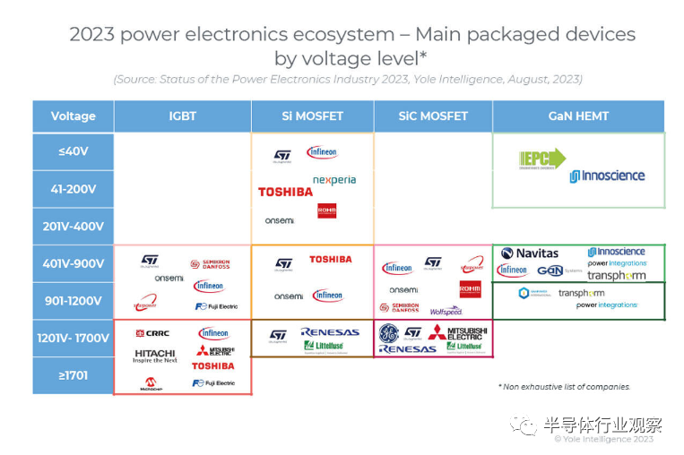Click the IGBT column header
(x=182, y=116)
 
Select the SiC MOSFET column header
(x=432, y=116)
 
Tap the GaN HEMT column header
(x=578, y=116)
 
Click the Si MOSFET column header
(x=311, y=116)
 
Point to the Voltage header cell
(x=73, y=116)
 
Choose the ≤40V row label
(x=73, y=151)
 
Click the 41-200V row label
(x=73, y=189)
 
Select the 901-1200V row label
(x=73, y=301)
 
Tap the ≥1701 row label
(x=73, y=375)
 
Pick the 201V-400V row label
(x=73, y=227)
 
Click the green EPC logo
(x=542, y=159)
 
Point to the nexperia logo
(x=334, y=179)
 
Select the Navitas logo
(x=530, y=253)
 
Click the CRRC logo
(x=152, y=333)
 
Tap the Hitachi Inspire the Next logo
(x=155, y=356)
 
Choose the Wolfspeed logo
(x=446, y=311)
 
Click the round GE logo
(x=388, y=332)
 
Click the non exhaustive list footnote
(x=564, y=387)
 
